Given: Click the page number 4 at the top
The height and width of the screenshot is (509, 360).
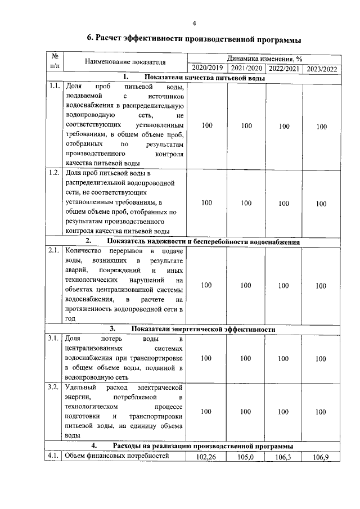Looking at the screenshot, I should click(x=194, y=23).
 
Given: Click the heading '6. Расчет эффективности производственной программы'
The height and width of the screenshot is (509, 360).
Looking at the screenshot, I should click(x=194, y=39).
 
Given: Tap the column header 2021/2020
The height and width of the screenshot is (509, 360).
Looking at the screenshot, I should click(x=246, y=69).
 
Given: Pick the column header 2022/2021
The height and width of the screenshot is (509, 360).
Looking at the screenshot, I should click(x=283, y=69).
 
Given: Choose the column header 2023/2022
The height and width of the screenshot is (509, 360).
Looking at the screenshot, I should click(x=321, y=69).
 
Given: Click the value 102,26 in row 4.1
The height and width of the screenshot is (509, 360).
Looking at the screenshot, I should click(x=206, y=457).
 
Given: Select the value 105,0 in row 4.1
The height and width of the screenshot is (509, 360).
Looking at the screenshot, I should click(x=245, y=457).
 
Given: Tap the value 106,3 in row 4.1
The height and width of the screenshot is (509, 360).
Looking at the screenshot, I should click(x=283, y=457).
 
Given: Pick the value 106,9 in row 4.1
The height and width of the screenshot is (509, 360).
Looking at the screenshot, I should click(x=321, y=458).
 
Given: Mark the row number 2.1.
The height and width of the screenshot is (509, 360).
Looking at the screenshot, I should click(x=54, y=250).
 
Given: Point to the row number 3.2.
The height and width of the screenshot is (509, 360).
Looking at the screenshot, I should click(x=54, y=388).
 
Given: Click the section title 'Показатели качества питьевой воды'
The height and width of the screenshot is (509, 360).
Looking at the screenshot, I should click(x=204, y=78).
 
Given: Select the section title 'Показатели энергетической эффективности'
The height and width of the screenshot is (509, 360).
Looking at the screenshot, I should click(x=204, y=328).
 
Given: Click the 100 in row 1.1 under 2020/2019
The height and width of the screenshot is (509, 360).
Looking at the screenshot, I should click(x=206, y=126).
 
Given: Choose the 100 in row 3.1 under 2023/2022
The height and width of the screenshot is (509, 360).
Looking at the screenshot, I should click(x=321, y=358).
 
